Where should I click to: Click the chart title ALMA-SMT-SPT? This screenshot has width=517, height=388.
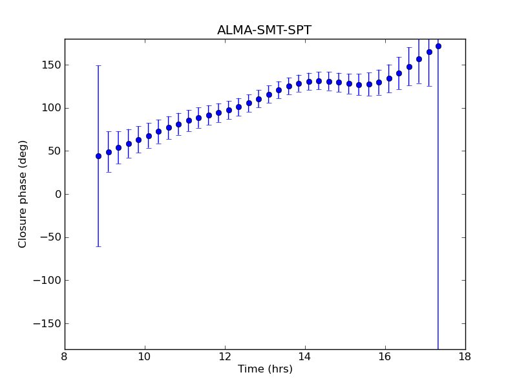click(264, 30)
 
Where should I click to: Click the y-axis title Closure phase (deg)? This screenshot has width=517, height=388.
click(23, 194)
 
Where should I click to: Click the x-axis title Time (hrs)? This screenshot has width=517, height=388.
click(265, 369)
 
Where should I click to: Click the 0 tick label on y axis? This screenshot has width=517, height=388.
click(58, 194)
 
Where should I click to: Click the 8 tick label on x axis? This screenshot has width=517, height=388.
click(65, 357)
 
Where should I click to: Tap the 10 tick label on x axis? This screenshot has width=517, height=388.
click(145, 357)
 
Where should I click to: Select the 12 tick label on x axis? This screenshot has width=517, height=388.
click(225, 357)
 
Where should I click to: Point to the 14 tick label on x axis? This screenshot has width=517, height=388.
click(305, 357)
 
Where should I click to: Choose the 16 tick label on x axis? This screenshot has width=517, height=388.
click(385, 357)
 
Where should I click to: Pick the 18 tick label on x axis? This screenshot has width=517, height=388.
click(465, 357)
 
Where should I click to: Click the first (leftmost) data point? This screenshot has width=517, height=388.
click(98, 156)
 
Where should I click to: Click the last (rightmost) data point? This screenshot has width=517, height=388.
click(438, 46)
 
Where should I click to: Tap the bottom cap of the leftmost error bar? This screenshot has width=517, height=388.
click(98, 246)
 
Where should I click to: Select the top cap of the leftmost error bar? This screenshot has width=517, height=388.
click(98, 65)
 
